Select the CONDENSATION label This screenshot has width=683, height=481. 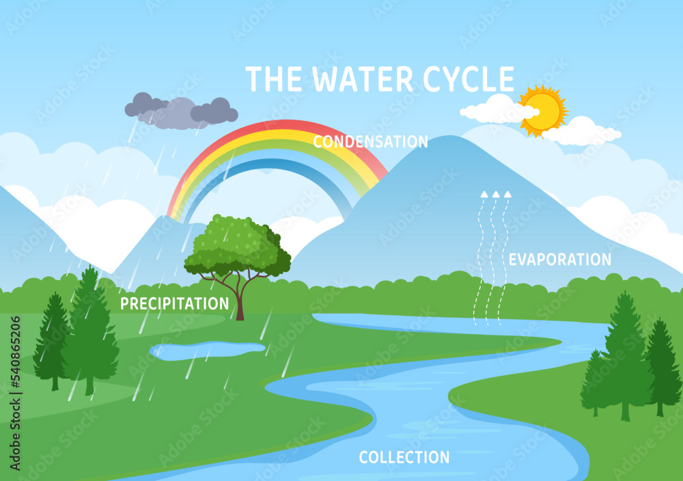370,141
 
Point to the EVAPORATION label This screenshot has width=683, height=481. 560,260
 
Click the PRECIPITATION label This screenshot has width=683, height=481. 174,303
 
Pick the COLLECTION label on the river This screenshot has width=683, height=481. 404,457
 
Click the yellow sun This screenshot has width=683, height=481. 543,109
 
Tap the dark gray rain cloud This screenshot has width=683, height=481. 179,111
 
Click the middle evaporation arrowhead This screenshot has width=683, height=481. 495,194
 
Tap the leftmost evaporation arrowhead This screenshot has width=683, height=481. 484,194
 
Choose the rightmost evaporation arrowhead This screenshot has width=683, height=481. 507,194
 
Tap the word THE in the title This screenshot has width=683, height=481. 273,79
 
